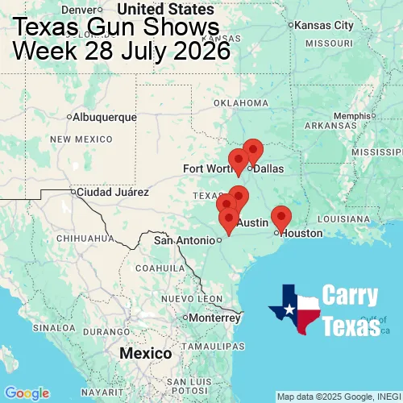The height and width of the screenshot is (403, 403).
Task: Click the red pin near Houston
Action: [280, 217]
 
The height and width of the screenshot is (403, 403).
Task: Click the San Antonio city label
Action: [185, 240]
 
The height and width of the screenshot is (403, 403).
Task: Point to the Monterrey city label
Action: [214, 318]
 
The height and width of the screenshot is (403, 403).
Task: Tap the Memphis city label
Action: [355, 115]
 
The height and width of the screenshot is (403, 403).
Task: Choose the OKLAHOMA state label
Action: [240, 103]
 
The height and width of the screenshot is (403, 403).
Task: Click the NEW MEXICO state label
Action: [81, 139]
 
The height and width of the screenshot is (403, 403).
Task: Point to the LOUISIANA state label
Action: [344, 218]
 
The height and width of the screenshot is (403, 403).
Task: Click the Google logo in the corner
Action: [26, 393]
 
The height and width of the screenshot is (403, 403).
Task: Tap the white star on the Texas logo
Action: [288, 307]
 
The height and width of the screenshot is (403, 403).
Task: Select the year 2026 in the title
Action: [197, 52]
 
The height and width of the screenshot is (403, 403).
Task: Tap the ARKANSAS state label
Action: [330, 126]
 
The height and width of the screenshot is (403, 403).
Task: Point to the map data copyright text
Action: [338, 397]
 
